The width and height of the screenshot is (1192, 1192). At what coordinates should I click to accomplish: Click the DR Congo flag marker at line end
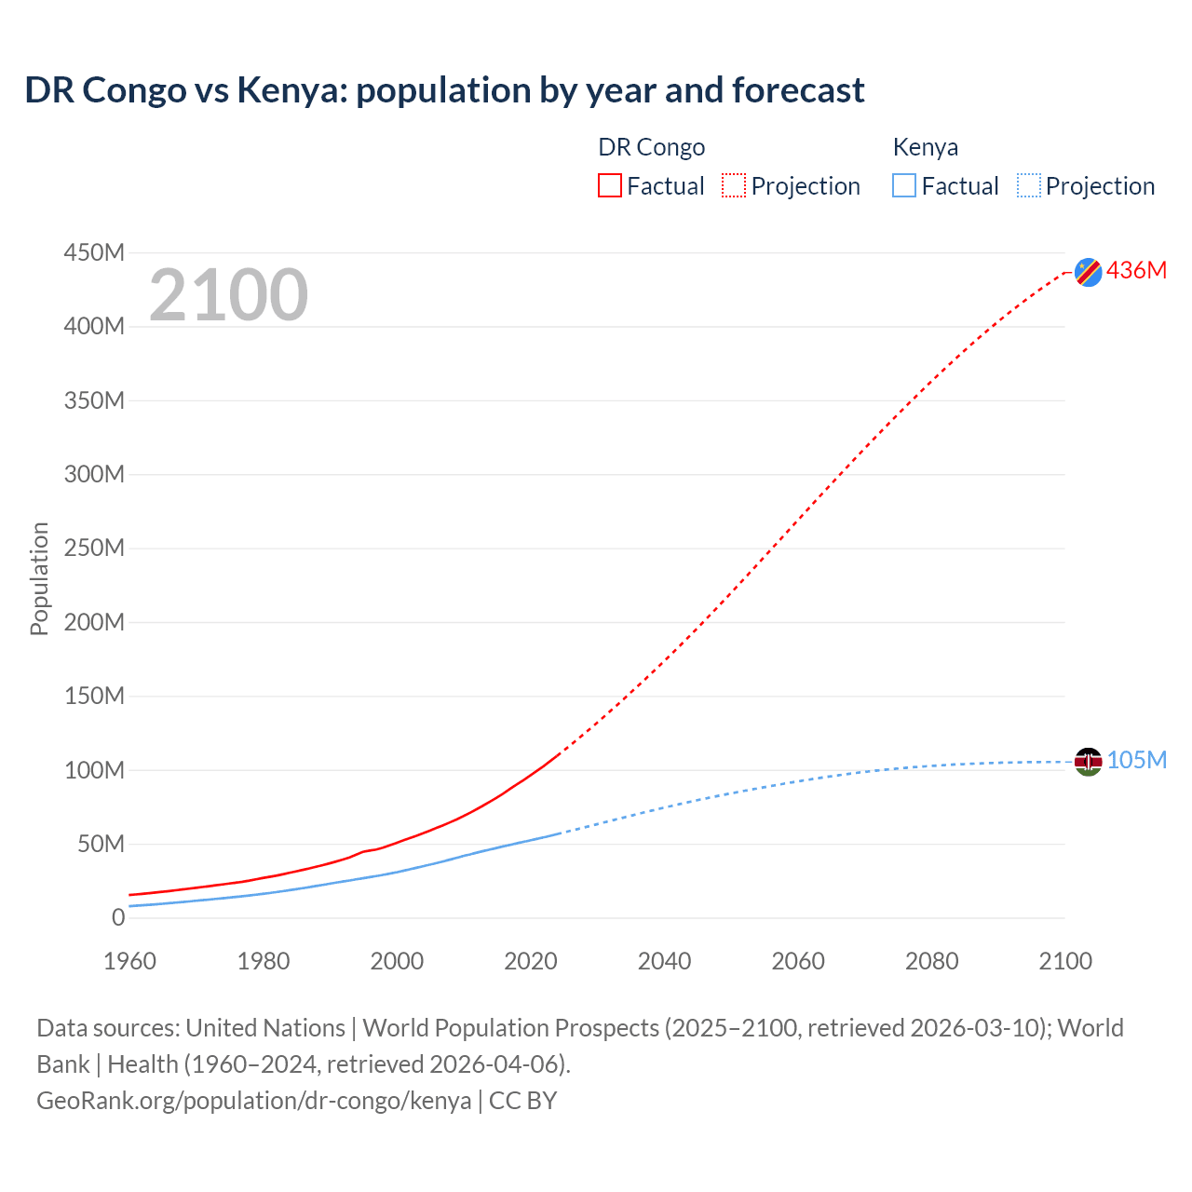coord(1088,272)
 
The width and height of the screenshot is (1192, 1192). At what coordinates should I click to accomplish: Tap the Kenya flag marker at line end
coord(1088,762)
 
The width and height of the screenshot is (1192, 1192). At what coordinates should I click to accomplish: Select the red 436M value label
coord(1136,270)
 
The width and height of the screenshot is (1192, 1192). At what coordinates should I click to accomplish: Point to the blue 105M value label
coord(1136,760)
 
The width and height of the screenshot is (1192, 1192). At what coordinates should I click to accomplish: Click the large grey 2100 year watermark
coord(228,295)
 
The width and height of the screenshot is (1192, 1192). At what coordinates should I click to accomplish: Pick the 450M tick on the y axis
coord(94,253)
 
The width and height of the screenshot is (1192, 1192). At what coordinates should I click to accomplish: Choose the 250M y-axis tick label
coord(94,548)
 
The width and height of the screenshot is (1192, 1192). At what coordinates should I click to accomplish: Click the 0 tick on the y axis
coord(117,917)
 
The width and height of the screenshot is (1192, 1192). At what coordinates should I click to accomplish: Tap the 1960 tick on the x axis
coord(129,961)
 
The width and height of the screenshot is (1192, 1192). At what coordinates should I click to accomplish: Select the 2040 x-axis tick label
coord(664,961)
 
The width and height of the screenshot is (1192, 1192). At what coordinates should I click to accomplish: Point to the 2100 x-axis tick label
coord(1065,961)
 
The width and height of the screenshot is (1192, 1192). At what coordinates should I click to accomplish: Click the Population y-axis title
coord(39,578)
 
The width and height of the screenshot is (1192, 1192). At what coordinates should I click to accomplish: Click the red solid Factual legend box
coord(610,185)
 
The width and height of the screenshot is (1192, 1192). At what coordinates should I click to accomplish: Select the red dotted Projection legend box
coord(734,185)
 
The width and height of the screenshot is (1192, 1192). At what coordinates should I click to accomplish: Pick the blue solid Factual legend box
coord(904,185)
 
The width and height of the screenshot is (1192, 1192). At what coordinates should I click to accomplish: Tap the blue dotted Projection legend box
coord(1029,185)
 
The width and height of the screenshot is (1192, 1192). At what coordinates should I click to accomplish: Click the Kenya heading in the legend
coord(925,147)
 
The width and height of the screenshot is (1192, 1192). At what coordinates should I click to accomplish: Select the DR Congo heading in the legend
coord(651,147)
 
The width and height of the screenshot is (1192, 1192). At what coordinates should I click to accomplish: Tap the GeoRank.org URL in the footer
coord(253,1101)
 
